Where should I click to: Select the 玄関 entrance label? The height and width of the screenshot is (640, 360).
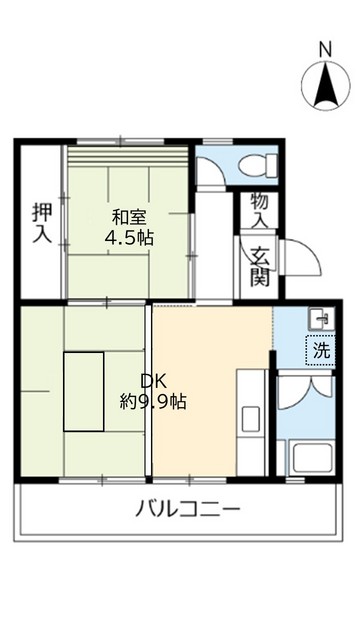259,266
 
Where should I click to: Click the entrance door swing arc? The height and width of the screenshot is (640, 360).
304,262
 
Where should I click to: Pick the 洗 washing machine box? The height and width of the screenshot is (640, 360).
321,350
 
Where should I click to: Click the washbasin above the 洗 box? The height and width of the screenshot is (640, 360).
319,319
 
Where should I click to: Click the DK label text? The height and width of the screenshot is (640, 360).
151,381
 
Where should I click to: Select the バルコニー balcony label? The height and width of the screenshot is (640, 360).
188,509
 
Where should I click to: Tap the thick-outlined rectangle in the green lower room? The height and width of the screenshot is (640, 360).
96,391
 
